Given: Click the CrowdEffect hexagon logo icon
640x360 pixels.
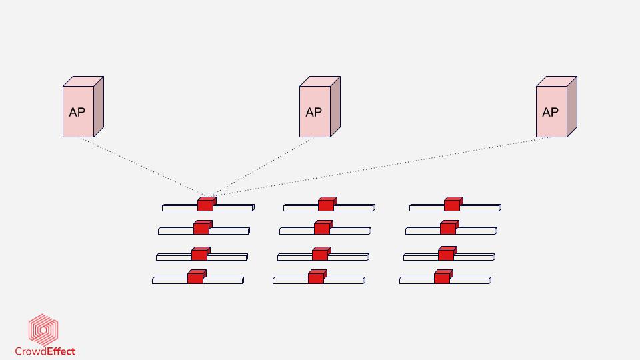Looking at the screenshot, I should (43, 330).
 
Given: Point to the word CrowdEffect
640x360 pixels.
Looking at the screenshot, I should (45, 351).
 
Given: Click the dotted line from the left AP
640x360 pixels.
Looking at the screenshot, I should (140, 167).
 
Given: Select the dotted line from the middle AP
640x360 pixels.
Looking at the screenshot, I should (263, 167).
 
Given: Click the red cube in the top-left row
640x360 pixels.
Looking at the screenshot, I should (206, 204).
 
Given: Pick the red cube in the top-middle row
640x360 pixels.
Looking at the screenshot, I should (327, 204).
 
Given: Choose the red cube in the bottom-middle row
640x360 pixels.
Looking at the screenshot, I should (317, 277).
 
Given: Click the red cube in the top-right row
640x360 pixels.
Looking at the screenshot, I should (453, 204).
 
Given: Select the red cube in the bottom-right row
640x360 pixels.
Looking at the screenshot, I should (443, 277).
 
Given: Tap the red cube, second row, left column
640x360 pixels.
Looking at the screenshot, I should (202, 227).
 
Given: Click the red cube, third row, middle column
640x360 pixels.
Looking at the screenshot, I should (321, 253).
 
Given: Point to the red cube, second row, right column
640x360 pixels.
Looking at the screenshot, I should (449, 227).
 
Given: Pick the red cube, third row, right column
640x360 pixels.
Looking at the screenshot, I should (447, 253).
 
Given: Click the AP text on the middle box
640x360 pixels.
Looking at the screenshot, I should (313, 113).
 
